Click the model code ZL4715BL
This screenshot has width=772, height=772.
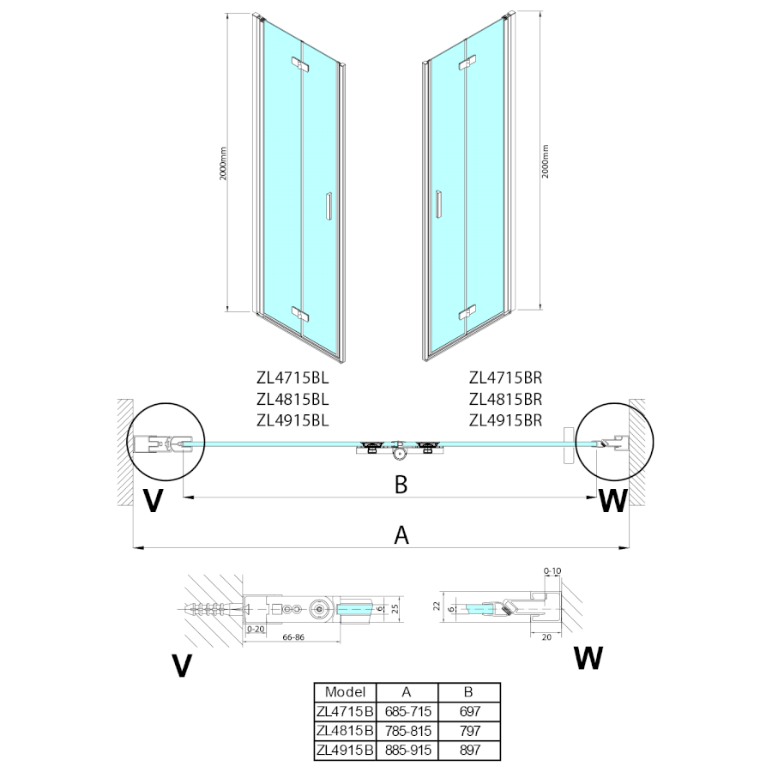tap(293, 377)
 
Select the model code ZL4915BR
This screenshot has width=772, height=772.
tap(506, 420)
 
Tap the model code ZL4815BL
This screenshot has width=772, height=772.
tap(293, 399)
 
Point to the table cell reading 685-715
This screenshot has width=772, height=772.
tap(407, 711)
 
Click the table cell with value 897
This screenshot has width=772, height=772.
tap(468, 750)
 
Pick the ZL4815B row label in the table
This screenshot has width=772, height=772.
tap(345, 731)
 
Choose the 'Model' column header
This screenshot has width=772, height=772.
tap(345, 692)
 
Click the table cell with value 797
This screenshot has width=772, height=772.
tap(468, 731)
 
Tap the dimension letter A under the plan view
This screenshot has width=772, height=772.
tap(401, 535)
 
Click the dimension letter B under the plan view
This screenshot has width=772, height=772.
tap(401, 485)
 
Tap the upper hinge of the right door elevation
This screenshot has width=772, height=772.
tap(467, 63)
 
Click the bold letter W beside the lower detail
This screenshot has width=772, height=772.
tap(588, 658)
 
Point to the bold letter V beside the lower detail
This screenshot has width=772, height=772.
tap(180, 666)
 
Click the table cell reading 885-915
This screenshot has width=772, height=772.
tap(407, 750)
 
